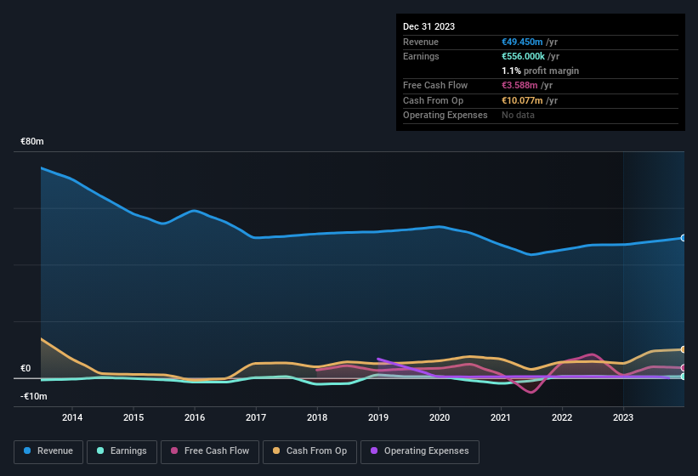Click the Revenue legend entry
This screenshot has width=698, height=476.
(49, 450)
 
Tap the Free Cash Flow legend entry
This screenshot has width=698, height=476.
(210, 450)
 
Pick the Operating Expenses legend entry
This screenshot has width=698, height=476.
(420, 450)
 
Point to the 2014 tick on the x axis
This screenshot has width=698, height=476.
(72, 417)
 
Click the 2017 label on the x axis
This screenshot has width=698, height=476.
(256, 417)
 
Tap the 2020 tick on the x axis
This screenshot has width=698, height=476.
(440, 417)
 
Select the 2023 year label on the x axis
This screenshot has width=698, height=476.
(623, 417)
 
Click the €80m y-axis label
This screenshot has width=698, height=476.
(32, 141)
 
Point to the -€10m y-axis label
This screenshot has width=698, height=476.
(34, 397)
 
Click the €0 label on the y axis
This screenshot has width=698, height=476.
(26, 369)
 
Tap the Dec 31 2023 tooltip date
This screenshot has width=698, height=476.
(428, 26)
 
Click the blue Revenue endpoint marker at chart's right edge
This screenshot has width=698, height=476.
(683, 238)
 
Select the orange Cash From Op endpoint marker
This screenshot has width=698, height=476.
(683, 349)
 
